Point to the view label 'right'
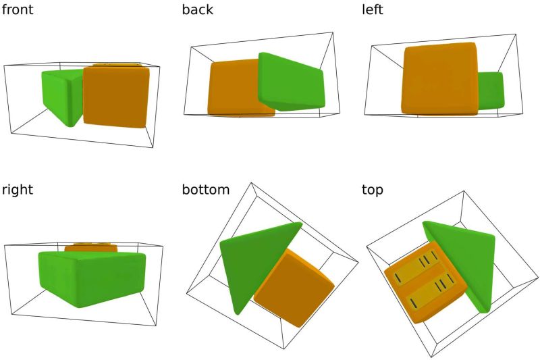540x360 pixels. tap(17, 190)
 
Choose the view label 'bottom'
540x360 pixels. tap(206, 190)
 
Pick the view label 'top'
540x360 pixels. tap(373, 190)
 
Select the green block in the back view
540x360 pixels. tap(291, 82)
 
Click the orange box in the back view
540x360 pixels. tap(233, 88)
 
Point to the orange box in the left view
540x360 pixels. tap(439, 78)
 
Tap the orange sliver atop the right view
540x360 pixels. tap(91, 247)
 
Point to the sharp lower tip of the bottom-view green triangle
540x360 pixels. tap(238, 313)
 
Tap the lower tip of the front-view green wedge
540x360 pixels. tap(72, 124)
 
